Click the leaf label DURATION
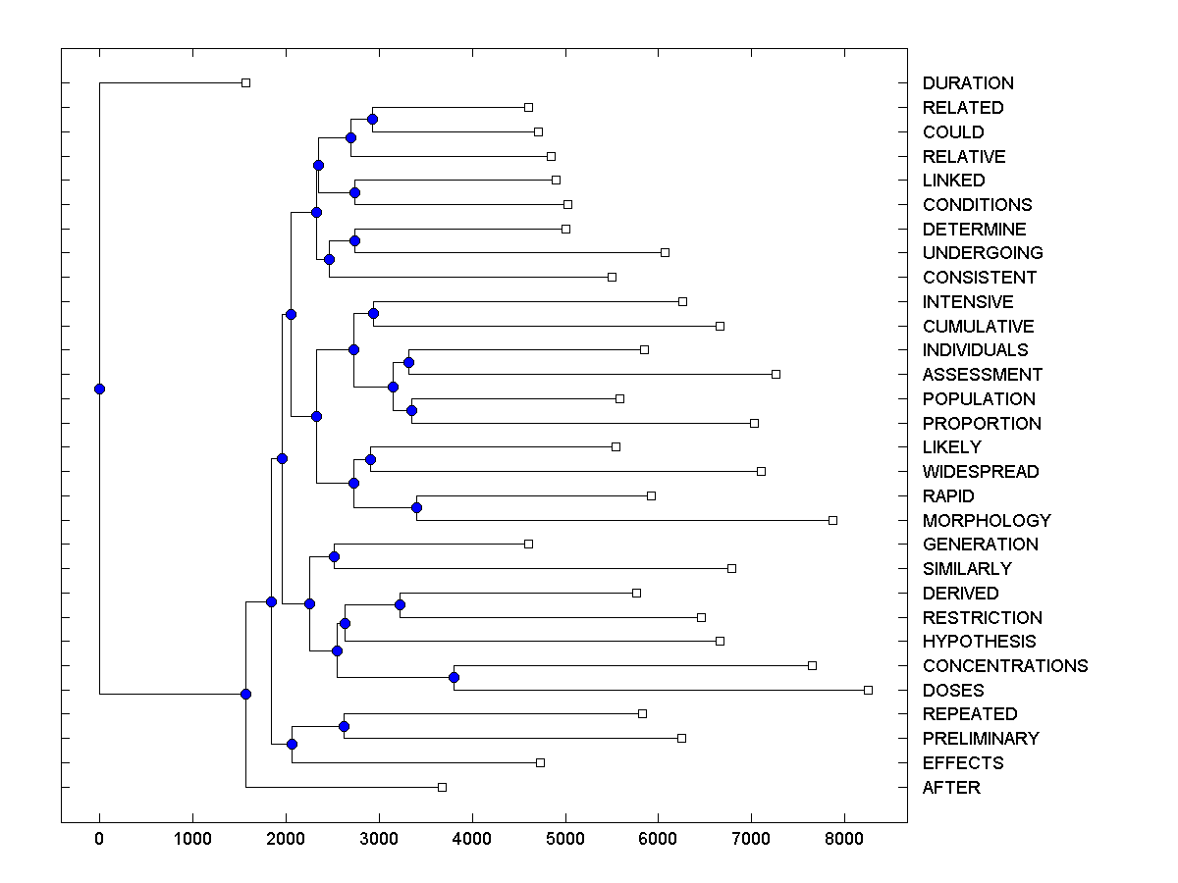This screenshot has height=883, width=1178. [x=968, y=83]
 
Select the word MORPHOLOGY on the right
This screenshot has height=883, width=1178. [x=987, y=520]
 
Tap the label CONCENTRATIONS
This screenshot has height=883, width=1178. [x=1005, y=665]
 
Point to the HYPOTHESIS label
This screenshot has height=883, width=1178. [x=979, y=642]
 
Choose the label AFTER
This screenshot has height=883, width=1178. [x=951, y=787]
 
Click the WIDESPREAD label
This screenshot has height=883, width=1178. [x=980, y=472]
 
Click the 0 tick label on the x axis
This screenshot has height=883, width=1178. [x=99, y=840]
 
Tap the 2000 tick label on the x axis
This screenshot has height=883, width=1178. [x=286, y=840]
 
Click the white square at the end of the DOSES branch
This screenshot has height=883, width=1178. [x=868, y=690]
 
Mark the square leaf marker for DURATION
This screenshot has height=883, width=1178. [x=245, y=83]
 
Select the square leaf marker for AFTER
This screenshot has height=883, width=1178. [x=442, y=787]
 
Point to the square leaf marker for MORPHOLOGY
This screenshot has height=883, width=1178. [x=832, y=520]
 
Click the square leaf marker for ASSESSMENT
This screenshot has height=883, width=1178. [x=776, y=374]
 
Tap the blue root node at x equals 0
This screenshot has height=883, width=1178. [x=99, y=389]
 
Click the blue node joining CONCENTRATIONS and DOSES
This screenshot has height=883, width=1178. [x=454, y=678]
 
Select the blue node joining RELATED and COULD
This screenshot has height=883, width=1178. [x=372, y=120]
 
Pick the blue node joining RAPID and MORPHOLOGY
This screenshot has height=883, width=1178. [x=416, y=507]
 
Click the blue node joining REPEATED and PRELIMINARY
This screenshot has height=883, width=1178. [x=344, y=726]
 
